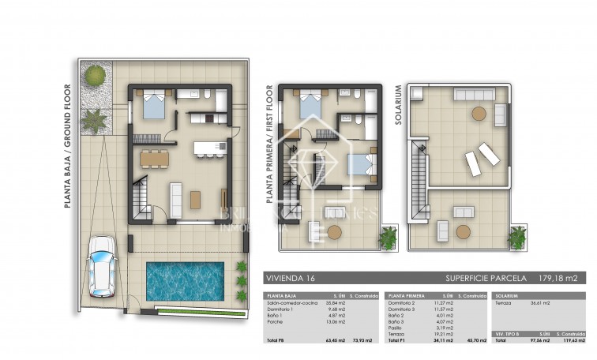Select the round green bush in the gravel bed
[95, 75]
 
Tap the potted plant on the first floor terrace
[389, 236]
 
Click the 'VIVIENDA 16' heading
[291, 279]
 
